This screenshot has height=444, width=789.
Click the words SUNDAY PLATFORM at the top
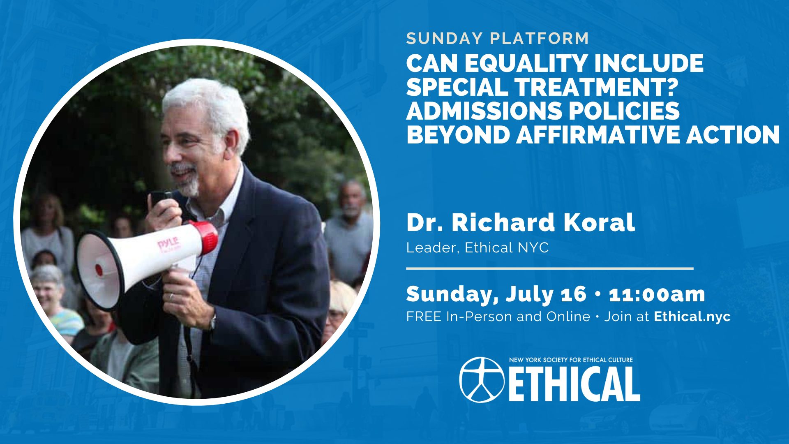coord(498,38)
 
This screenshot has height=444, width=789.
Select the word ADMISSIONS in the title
coord(480,111)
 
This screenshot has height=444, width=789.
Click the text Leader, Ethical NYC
coord(478,247)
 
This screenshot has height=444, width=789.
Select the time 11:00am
coord(657,294)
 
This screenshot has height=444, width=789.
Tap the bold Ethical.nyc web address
coord(692,316)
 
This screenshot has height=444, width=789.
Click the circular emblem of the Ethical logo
coord(482,379)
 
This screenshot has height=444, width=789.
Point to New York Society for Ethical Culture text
coord(571,360)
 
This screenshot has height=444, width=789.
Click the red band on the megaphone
coord(208,238)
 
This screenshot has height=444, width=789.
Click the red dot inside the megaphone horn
coord(99,270)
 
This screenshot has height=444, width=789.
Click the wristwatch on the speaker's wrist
coord(212,322)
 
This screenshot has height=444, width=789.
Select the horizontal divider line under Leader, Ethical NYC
coord(550,268)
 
